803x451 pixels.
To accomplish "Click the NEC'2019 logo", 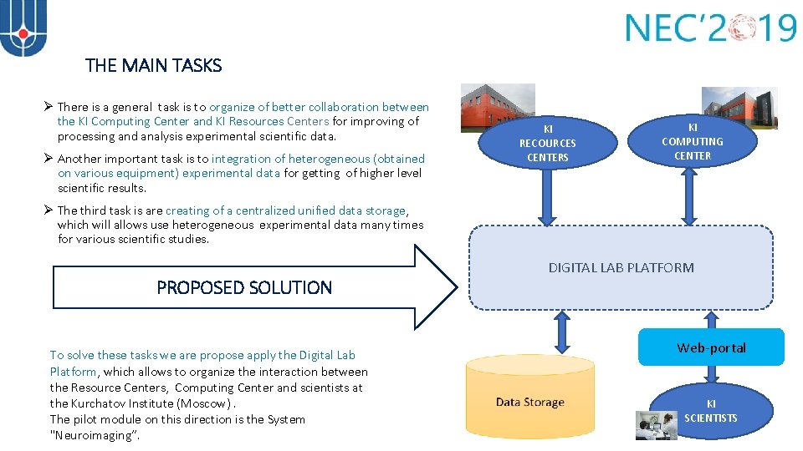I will pyautogui.click(x=710, y=28).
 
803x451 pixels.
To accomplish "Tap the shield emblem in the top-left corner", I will pyautogui.click(x=23, y=28).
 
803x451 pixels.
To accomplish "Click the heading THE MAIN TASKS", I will pyautogui.click(x=153, y=65).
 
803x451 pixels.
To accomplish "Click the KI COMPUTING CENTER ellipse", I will pyautogui.click(x=692, y=141).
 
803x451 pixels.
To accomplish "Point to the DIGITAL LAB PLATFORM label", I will pyautogui.click(x=621, y=268).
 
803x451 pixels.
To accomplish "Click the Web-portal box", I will pyautogui.click(x=711, y=347).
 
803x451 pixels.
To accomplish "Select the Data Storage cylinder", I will pyautogui.click(x=529, y=403).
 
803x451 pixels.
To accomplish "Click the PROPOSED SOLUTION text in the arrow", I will pyautogui.click(x=244, y=287).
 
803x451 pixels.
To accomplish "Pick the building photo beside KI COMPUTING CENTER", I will pyautogui.click(x=738, y=107).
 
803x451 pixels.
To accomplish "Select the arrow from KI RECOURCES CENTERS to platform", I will pyautogui.click(x=547, y=200).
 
